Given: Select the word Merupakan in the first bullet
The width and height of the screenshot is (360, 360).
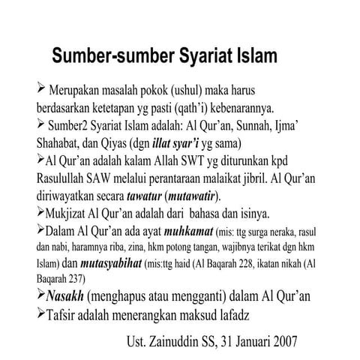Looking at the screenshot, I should (79, 89).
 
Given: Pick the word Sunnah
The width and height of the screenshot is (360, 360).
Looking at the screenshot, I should (280, 124).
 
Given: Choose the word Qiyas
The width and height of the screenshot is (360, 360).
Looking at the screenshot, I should (126, 141).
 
